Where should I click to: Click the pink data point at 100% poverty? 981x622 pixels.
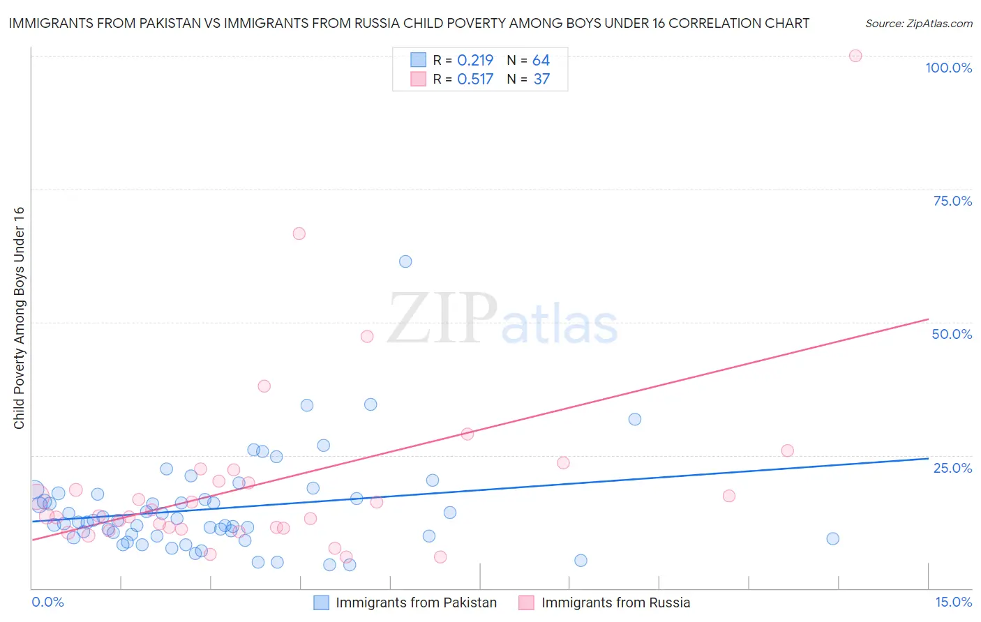click(855, 56)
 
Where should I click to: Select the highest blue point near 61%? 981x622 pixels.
click(405, 261)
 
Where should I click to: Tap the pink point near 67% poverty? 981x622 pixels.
click(299, 234)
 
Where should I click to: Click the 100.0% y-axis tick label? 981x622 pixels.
click(948, 68)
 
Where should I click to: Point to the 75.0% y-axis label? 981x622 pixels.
click(952, 201)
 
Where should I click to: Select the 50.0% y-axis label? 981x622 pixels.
click(952, 334)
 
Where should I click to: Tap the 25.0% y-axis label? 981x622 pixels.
click(952, 467)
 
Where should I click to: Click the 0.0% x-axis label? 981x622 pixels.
click(47, 602)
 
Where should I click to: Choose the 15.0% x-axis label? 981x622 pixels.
click(953, 602)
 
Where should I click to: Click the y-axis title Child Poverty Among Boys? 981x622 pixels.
click(19, 318)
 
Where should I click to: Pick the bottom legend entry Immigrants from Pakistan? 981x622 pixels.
click(416, 602)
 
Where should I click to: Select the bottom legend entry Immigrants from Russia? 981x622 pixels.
click(615, 602)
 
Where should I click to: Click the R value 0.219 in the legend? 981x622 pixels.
click(475, 61)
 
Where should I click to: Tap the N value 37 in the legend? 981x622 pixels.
click(541, 79)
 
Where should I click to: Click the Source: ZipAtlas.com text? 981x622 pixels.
click(918, 24)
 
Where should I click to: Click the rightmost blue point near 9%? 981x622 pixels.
click(832, 538)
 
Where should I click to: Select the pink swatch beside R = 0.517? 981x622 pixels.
click(418, 79)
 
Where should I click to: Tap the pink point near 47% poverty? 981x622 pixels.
click(367, 336)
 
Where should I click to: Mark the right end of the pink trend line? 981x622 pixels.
click(928, 319)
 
